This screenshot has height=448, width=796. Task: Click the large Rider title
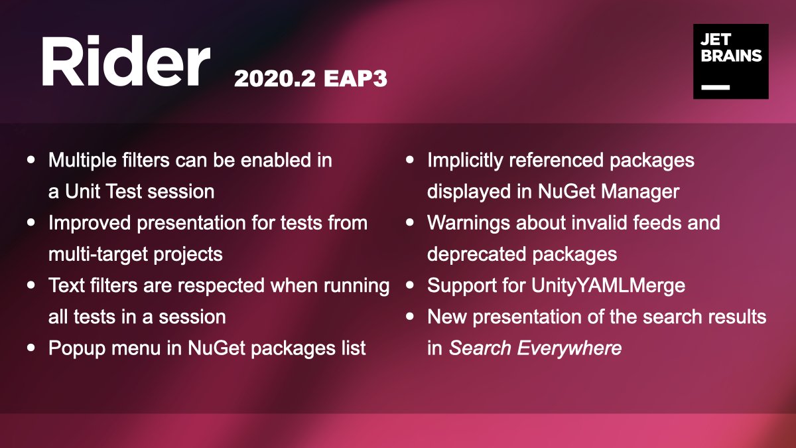[126, 60]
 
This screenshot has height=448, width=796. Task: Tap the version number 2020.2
[275, 78]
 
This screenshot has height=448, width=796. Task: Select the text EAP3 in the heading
[355, 78]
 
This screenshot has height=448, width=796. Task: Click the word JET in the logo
[716, 40]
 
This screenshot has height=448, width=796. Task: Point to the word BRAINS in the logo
[731, 56]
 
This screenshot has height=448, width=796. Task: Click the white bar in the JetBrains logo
[715, 87]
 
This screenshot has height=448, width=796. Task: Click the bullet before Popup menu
[31, 348]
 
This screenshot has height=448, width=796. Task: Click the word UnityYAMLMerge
[608, 286]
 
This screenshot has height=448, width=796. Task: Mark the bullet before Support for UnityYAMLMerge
[410, 285]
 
